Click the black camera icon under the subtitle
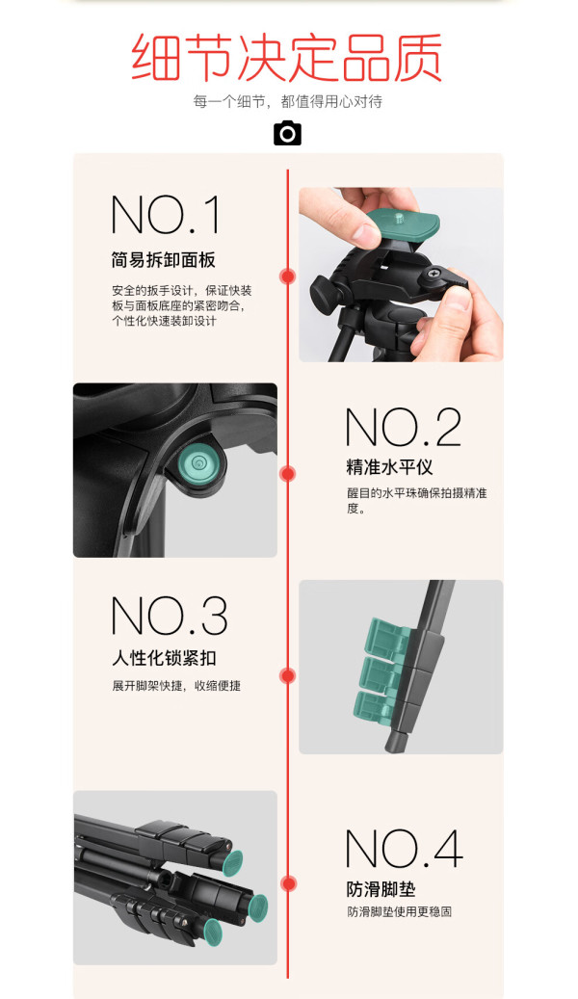point(287,133)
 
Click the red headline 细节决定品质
point(287,58)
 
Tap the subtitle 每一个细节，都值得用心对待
point(287,101)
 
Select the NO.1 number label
point(165,215)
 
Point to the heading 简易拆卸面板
point(163,260)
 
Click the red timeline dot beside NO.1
point(288,276)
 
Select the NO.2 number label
point(404,427)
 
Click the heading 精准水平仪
point(389,467)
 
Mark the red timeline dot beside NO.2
point(288,473)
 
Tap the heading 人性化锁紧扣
point(165,658)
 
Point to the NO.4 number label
point(404,848)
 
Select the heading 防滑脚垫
point(381,889)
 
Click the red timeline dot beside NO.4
point(288,883)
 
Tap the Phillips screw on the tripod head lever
point(437,273)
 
